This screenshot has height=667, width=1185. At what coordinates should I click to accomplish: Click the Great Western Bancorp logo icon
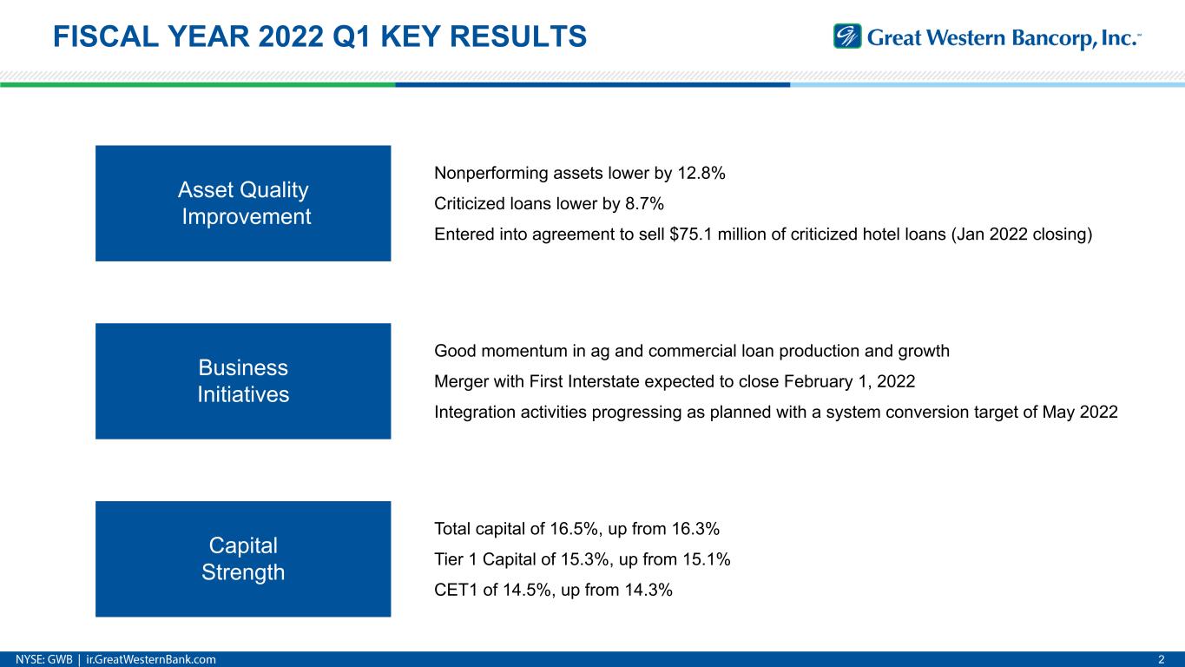(x=847, y=36)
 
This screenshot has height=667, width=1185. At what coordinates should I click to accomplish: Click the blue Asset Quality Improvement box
(x=243, y=203)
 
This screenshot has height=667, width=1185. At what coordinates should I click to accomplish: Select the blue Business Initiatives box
(x=243, y=381)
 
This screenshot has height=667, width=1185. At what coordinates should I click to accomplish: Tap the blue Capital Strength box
(x=243, y=558)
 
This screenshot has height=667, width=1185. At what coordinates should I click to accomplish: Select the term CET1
(x=453, y=591)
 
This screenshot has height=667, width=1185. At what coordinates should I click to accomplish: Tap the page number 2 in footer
(x=1162, y=659)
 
